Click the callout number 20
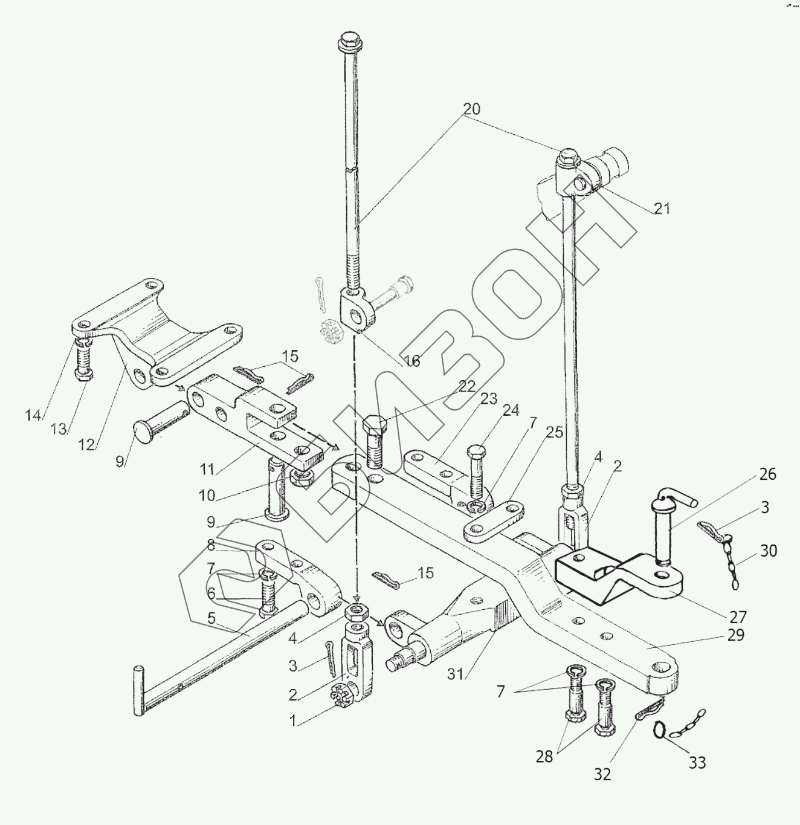[x=471, y=109]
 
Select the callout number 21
[x=662, y=209]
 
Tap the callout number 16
[x=411, y=361]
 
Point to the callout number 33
[x=697, y=763]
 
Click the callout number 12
[x=87, y=445]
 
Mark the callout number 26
[x=767, y=474]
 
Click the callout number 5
[x=211, y=618]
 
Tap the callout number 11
[x=208, y=468]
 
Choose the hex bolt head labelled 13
[x=84, y=374]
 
